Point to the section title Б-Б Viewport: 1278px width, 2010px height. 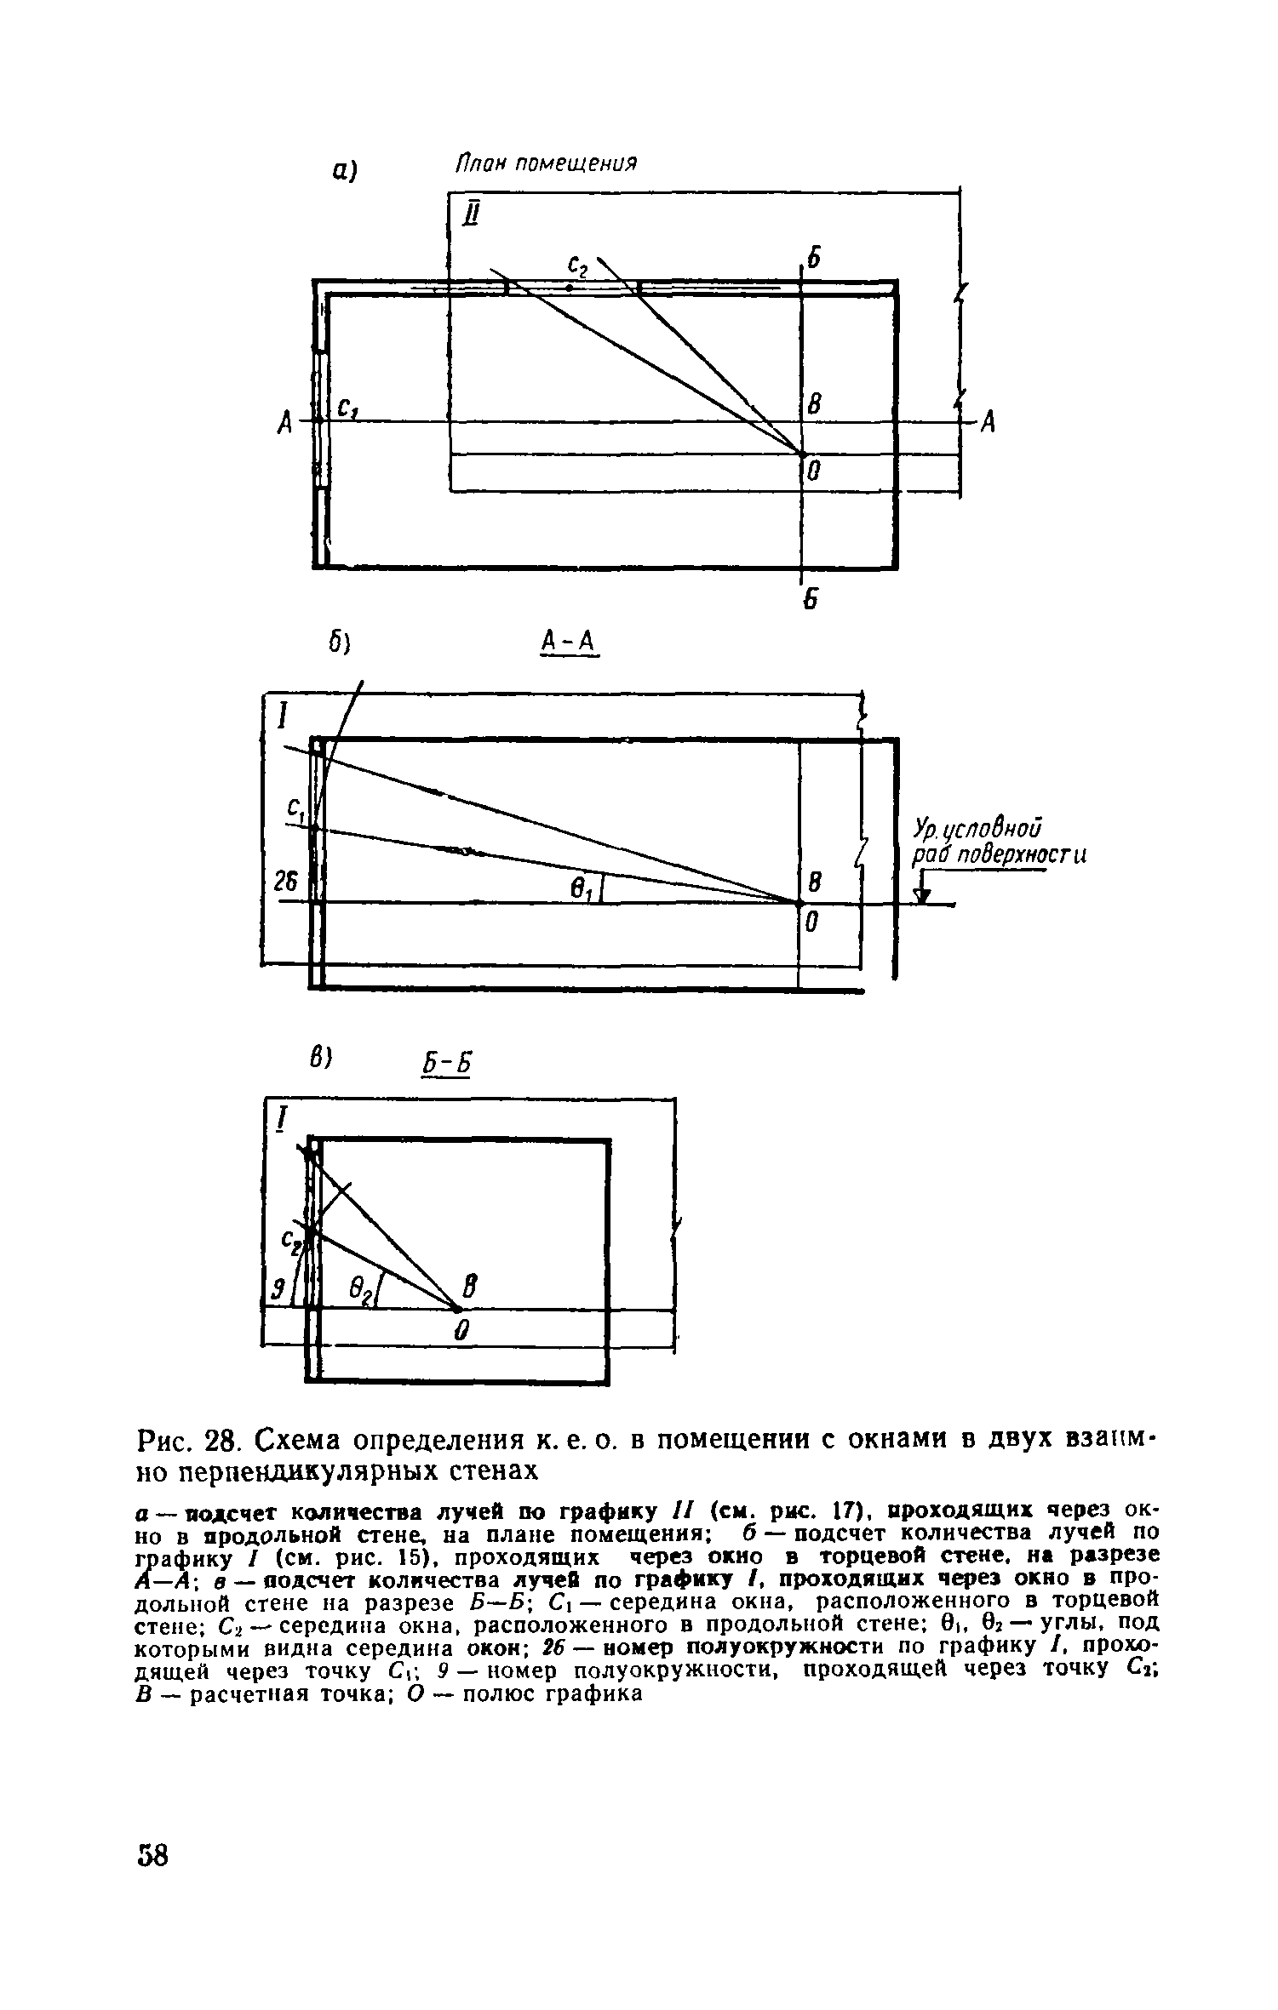[x=446, y=1065]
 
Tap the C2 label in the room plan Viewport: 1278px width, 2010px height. [x=577, y=267]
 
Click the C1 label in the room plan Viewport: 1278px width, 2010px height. [x=347, y=409]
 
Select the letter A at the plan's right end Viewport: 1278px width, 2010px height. [x=988, y=422]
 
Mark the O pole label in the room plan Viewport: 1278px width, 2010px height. [x=813, y=471]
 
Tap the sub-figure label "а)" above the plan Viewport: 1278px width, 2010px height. [x=343, y=170]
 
